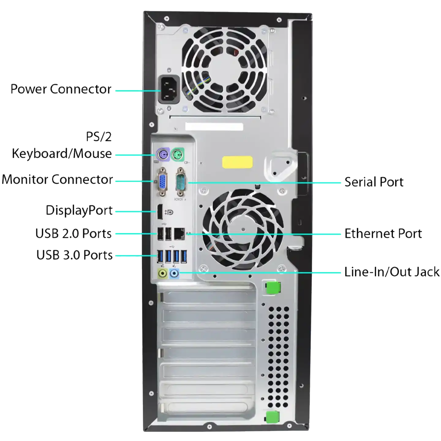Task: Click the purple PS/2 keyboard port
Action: click(163, 154)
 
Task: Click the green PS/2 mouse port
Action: click(177, 154)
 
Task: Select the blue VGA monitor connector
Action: click(163, 182)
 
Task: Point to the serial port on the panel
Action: click(181, 182)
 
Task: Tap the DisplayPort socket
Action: click(160, 212)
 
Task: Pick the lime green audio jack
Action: click(163, 273)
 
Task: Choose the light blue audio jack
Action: click(175, 273)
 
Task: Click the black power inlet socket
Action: click(169, 89)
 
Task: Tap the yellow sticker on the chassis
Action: click(238, 162)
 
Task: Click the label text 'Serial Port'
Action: click(374, 182)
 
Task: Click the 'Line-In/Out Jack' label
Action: click(392, 272)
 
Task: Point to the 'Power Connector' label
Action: click(61, 89)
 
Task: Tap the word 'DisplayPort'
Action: click(79, 210)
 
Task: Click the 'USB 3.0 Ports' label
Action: click(75, 255)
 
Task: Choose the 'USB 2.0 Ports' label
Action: click(73, 233)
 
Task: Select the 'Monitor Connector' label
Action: click(57, 179)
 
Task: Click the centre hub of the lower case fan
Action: click(243, 229)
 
